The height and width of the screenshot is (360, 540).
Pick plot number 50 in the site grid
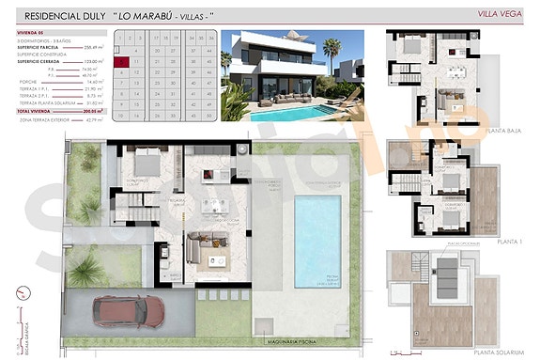click(x=212, y=117)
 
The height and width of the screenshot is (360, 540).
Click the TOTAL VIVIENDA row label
click(x=35, y=111)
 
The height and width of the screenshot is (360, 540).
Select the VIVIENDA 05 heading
click(x=31, y=32)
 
